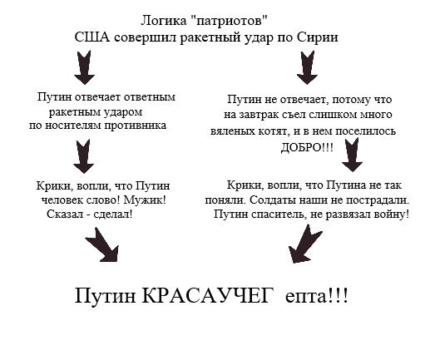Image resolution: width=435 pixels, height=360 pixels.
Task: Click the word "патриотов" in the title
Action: [231, 21]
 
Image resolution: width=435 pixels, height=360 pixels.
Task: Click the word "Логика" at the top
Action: [164, 21]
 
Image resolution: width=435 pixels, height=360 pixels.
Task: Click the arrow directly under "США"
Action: [84, 67]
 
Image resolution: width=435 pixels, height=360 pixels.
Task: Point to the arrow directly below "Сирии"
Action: [307, 67]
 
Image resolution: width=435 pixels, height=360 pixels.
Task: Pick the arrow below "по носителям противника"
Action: [83, 156]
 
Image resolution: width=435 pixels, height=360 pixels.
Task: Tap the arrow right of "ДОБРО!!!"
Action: [352, 155]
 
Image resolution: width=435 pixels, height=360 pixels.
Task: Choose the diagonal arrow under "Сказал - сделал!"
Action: [102, 245]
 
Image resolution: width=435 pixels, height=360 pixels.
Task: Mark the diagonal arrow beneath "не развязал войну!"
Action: [304, 244]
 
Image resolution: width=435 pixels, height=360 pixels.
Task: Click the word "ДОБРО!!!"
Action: [307, 147]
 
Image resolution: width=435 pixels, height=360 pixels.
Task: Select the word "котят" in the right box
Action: [272, 131]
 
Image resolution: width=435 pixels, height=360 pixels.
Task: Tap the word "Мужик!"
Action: [145, 200]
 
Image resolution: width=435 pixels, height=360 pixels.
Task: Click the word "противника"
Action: [136, 126]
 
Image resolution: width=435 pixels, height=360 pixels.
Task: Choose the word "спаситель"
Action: [278, 215]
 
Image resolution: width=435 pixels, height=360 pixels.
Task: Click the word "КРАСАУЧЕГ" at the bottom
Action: [206, 296]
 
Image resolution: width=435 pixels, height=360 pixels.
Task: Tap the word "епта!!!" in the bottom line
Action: [316, 296]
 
